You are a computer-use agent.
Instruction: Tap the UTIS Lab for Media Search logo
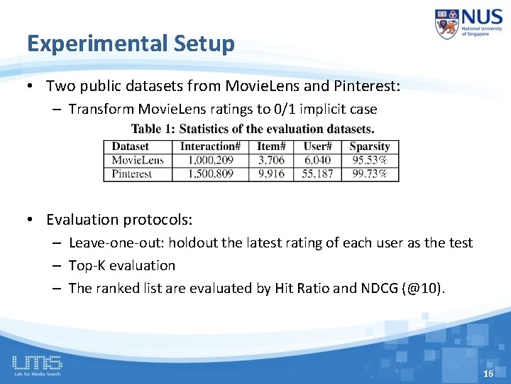(x=37, y=366)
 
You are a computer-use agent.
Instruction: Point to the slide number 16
(x=488, y=374)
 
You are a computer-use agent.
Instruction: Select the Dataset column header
(x=131, y=146)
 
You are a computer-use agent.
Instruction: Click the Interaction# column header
(x=210, y=146)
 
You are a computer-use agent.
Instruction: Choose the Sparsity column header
(x=370, y=146)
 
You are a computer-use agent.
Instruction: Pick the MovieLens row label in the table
(x=137, y=160)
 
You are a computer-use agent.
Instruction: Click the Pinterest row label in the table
(x=132, y=174)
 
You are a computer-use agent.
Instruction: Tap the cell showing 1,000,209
(x=210, y=160)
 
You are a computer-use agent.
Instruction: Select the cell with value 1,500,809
(x=210, y=174)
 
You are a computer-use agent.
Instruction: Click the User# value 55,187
(x=317, y=174)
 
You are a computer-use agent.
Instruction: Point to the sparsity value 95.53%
(x=370, y=160)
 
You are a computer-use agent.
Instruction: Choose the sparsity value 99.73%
(x=370, y=174)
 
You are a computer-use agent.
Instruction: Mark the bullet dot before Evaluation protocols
(x=33, y=220)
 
